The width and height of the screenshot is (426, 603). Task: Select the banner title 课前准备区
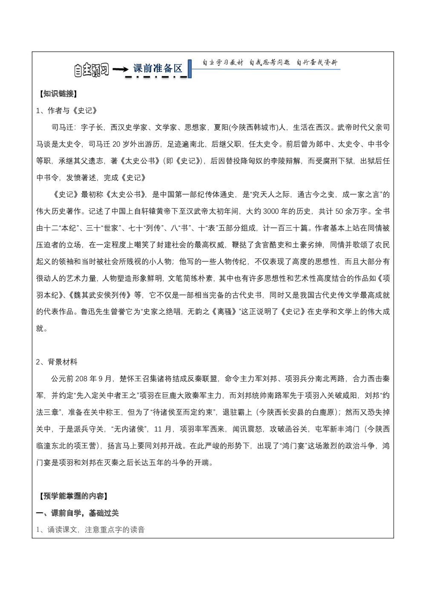(158, 68)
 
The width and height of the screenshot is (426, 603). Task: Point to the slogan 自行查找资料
(317, 63)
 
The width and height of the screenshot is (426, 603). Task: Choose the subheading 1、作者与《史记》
(67, 111)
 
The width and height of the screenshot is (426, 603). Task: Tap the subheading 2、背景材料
(57, 362)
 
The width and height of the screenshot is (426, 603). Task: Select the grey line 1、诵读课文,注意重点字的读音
(91, 530)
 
